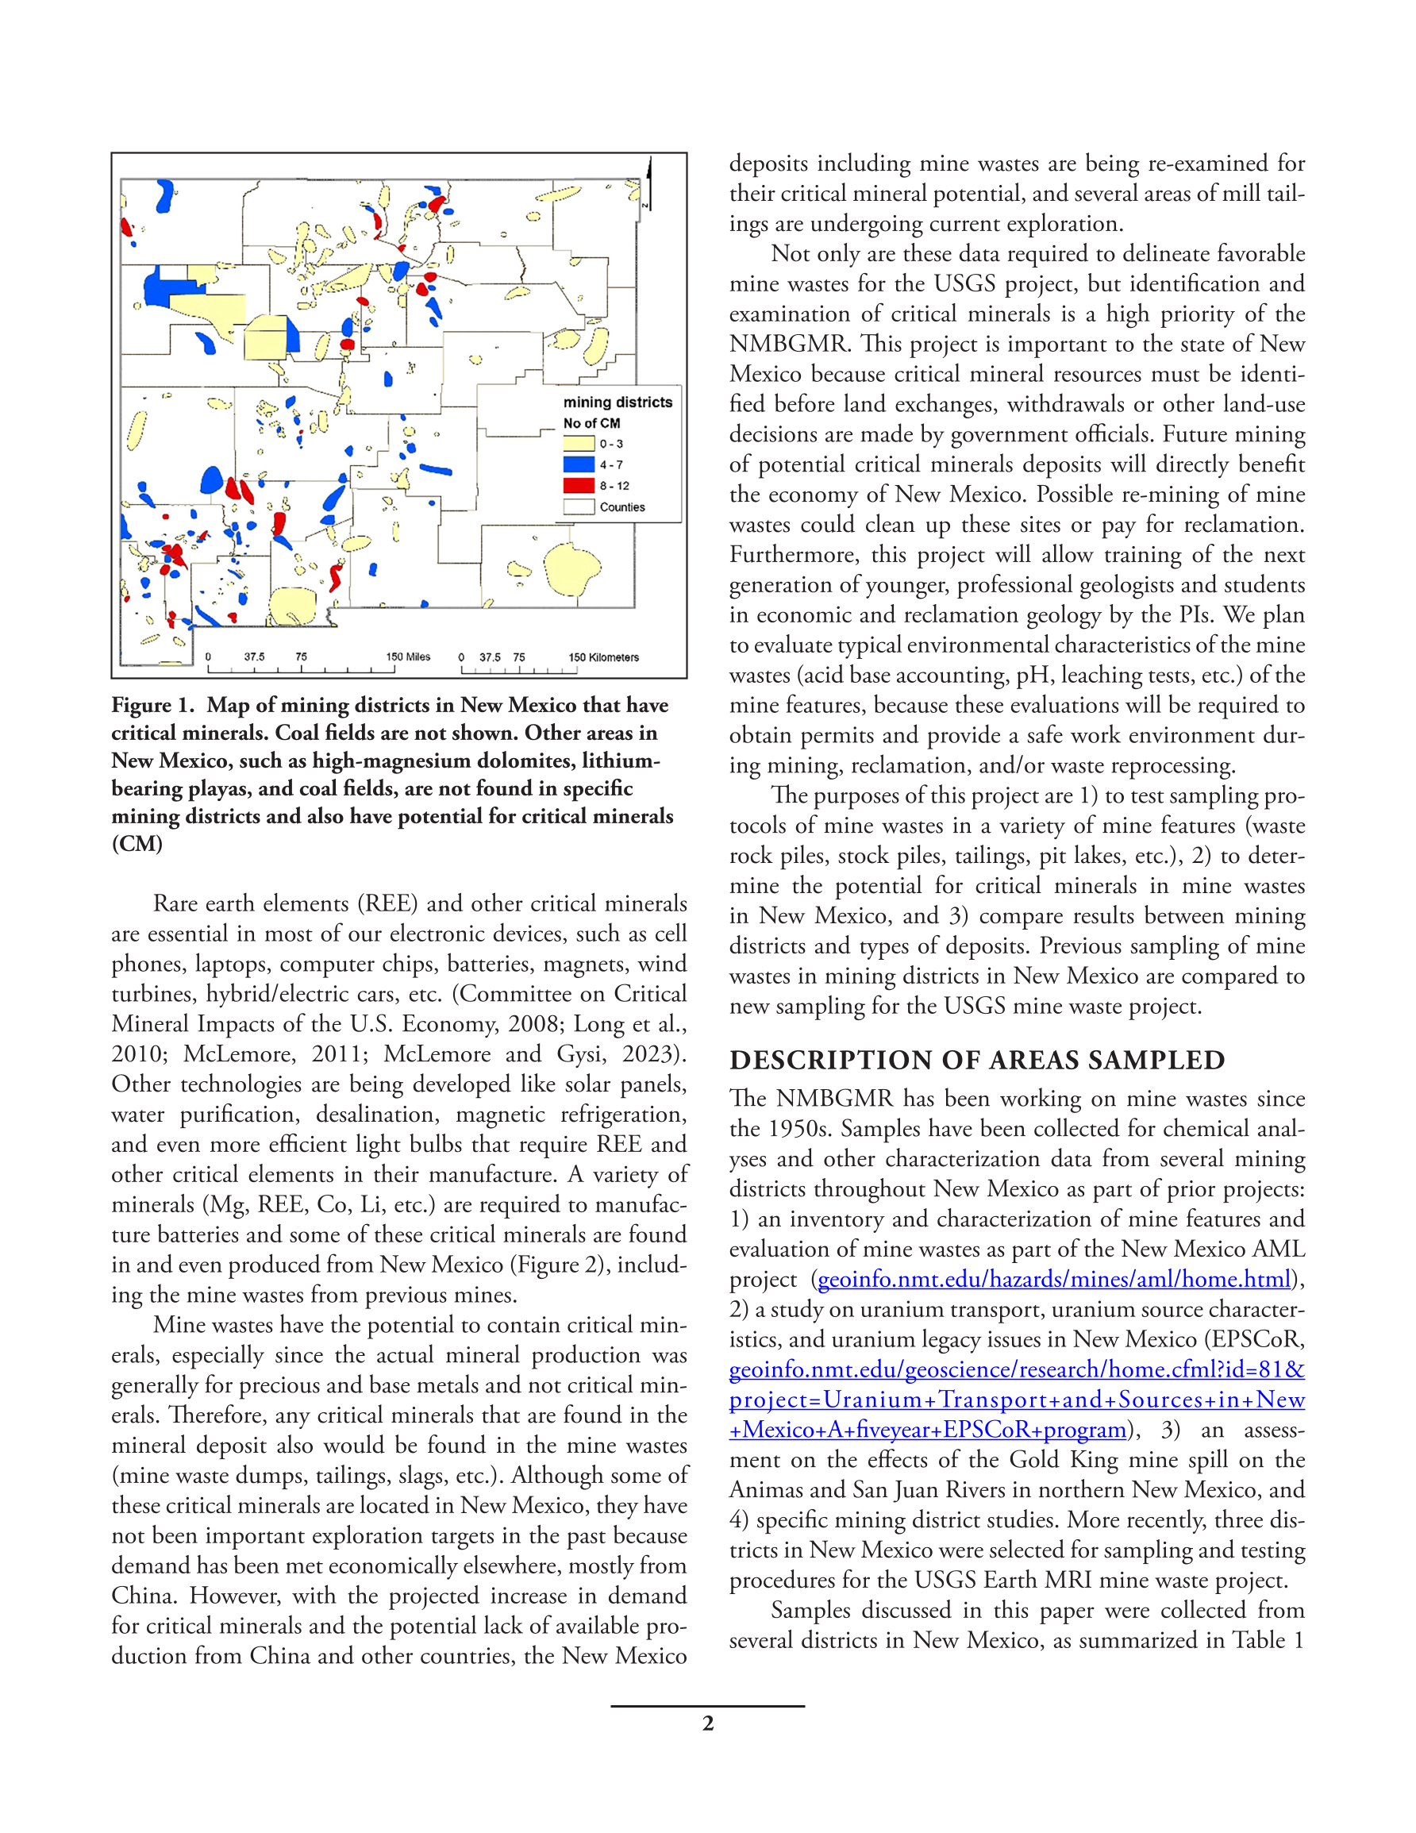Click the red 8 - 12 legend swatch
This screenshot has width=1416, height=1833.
(579, 485)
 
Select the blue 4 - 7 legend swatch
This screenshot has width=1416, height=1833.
(579, 464)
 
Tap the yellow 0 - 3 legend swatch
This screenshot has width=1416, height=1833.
(579, 443)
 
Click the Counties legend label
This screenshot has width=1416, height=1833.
(622, 507)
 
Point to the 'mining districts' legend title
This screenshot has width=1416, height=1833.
(618, 402)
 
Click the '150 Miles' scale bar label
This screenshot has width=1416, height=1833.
(408, 657)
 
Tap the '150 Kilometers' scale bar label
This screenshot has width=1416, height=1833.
(603, 657)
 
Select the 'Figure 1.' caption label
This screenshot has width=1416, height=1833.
(152, 706)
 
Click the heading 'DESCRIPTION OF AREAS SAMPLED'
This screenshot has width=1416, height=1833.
(977, 1060)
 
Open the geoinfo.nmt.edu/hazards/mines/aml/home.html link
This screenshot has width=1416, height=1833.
(1053, 1279)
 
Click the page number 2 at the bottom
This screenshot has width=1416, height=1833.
(707, 1724)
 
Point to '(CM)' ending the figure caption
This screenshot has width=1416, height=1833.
(137, 845)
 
